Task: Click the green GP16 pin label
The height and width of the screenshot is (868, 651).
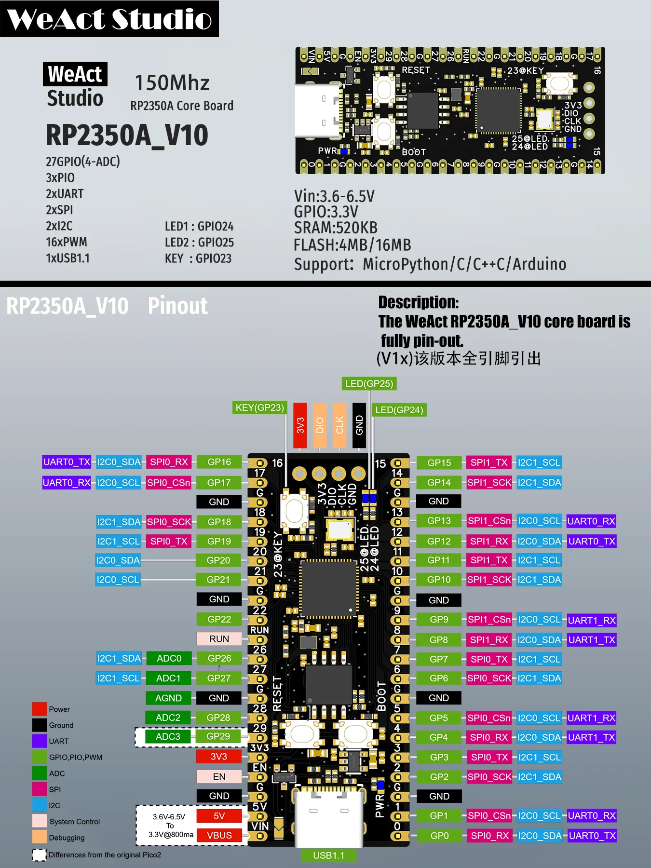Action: pyautogui.click(x=219, y=462)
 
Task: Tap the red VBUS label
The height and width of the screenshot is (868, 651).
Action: pyautogui.click(x=219, y=835)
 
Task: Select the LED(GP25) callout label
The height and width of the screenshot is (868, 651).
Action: pyautogui.click(x=369, y=383)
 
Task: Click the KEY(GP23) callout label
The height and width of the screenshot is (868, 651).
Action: pyautogui.click(x=259, y=407)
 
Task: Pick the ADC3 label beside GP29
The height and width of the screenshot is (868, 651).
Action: pyautogui.click(x=168, y=736)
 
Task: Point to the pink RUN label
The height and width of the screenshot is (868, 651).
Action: pyautogui.click(x=219, y=638)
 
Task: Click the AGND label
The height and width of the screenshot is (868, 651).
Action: pyautogui.click(x=168, y=698)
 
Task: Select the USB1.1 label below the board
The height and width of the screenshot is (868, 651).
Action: pyautogui.click(x=328, y=855)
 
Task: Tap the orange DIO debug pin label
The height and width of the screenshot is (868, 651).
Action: pyautogui.click(x=319, y=425)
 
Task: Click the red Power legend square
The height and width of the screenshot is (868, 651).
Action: pyautogui.click(x=39, y=709)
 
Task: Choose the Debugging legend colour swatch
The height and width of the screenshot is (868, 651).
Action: pyautogui.click(x=39, y=837)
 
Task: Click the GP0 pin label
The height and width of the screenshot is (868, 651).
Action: pyautogui.click(x=439, y=836)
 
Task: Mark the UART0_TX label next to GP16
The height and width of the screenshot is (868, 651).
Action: pyautogui.click(x=67, y=462)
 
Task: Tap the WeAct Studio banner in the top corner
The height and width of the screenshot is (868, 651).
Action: pyautogui.click(x=109, y=19)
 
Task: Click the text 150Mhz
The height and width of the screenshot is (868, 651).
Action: pyautogui.click(x=172, y=83)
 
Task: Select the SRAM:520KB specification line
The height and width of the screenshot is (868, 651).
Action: pyautogui.click(x=336, y=228)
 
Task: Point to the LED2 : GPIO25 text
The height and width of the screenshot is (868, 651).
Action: pyautogui.click(x=199, y=242)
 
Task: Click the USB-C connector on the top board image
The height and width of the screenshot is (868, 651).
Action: pyautogui.click(x=318, y=111)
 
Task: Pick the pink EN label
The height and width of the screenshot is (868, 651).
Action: pyautogui.click(x=219, y=776)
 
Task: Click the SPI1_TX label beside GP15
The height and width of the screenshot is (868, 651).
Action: pyautogui.click(x=488, y=462)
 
